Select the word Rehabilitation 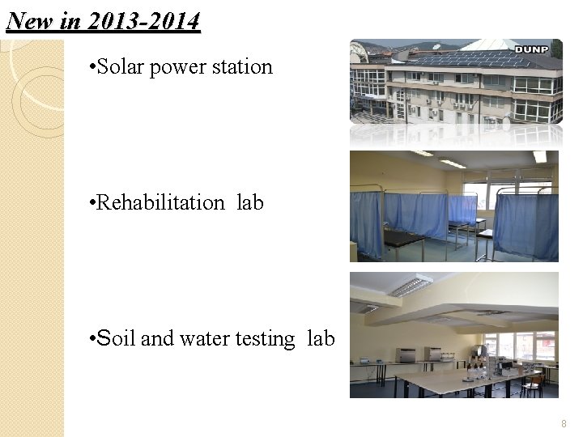click(x=160, y=202)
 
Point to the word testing click(x=265, y=339)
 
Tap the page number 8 click(x=564, y=424)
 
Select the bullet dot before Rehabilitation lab click(x=91, y=203)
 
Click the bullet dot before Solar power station click(x=91, y=67)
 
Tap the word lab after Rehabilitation click(x=250, y=202)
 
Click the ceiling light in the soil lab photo click(x=411, y=286)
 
